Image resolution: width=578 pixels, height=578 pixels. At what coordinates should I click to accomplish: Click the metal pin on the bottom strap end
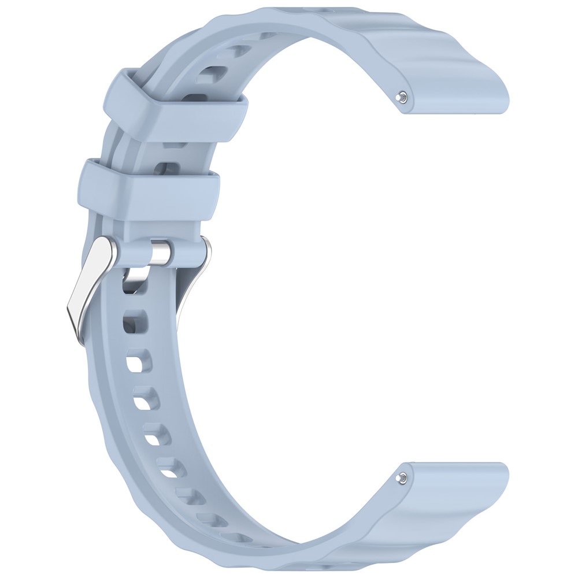click(x=401, y=477)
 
